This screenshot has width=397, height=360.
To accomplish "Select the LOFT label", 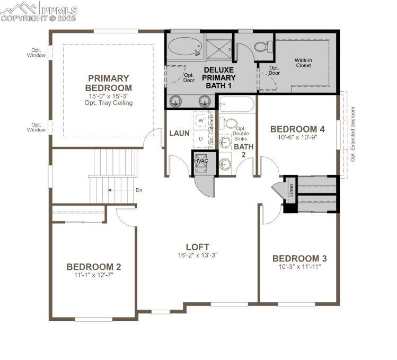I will [x=197, y=247].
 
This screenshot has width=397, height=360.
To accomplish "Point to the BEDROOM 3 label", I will [x=299, y=258].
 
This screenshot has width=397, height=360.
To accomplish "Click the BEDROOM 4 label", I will [x=297, y=129].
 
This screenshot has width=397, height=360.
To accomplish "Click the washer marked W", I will [x=201, y=120].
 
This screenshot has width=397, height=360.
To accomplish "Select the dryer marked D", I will [x=201, y=138].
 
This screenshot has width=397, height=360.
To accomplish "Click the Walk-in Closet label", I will [x=303, y=63].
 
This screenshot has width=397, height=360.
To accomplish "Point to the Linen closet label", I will [x=291, y=190].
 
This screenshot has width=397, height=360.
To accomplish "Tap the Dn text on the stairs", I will [x=124, y=190].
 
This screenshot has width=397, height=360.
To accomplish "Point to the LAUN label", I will [x=179, y=133].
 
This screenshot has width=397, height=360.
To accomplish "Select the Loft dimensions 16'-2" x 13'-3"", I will [x=197, y=255].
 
